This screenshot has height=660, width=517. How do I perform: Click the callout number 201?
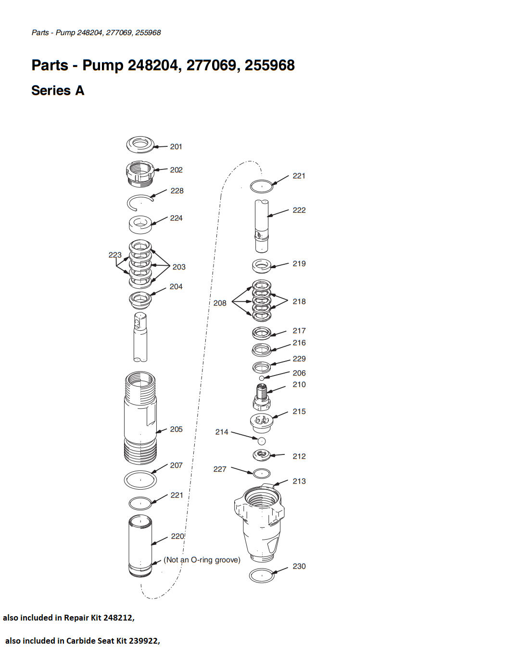(176, 147)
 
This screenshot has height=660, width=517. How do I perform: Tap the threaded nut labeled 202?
(140, 173)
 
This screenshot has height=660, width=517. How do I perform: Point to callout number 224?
(177, 218)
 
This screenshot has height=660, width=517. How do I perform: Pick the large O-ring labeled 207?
(125, 480)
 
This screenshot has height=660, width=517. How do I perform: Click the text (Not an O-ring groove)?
(202, 560)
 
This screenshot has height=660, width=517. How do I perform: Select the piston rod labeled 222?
(262, 226)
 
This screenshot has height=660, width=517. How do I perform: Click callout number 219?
(299, 264)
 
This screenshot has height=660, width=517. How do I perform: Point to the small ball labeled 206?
(262, 378)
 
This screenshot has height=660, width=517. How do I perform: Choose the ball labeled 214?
(262, 440)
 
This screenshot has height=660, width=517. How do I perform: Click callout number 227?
(220, 469)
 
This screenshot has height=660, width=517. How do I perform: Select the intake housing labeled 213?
(259, 523)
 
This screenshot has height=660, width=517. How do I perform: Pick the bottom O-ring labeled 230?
(250, 576)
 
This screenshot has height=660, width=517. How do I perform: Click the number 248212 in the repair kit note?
(117, 618)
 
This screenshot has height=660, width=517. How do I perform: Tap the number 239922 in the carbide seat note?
(143, 641)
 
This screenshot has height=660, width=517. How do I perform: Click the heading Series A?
(58, 91)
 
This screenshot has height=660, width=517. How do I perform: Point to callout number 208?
(220, 303)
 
